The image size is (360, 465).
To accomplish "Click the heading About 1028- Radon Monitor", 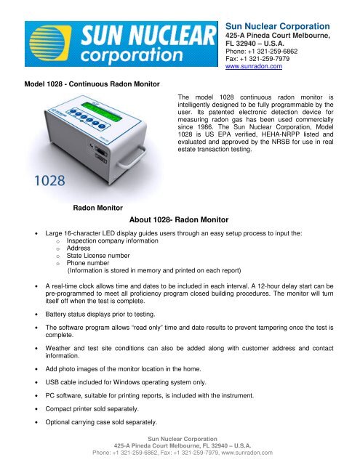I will click(x=179, y=219).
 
